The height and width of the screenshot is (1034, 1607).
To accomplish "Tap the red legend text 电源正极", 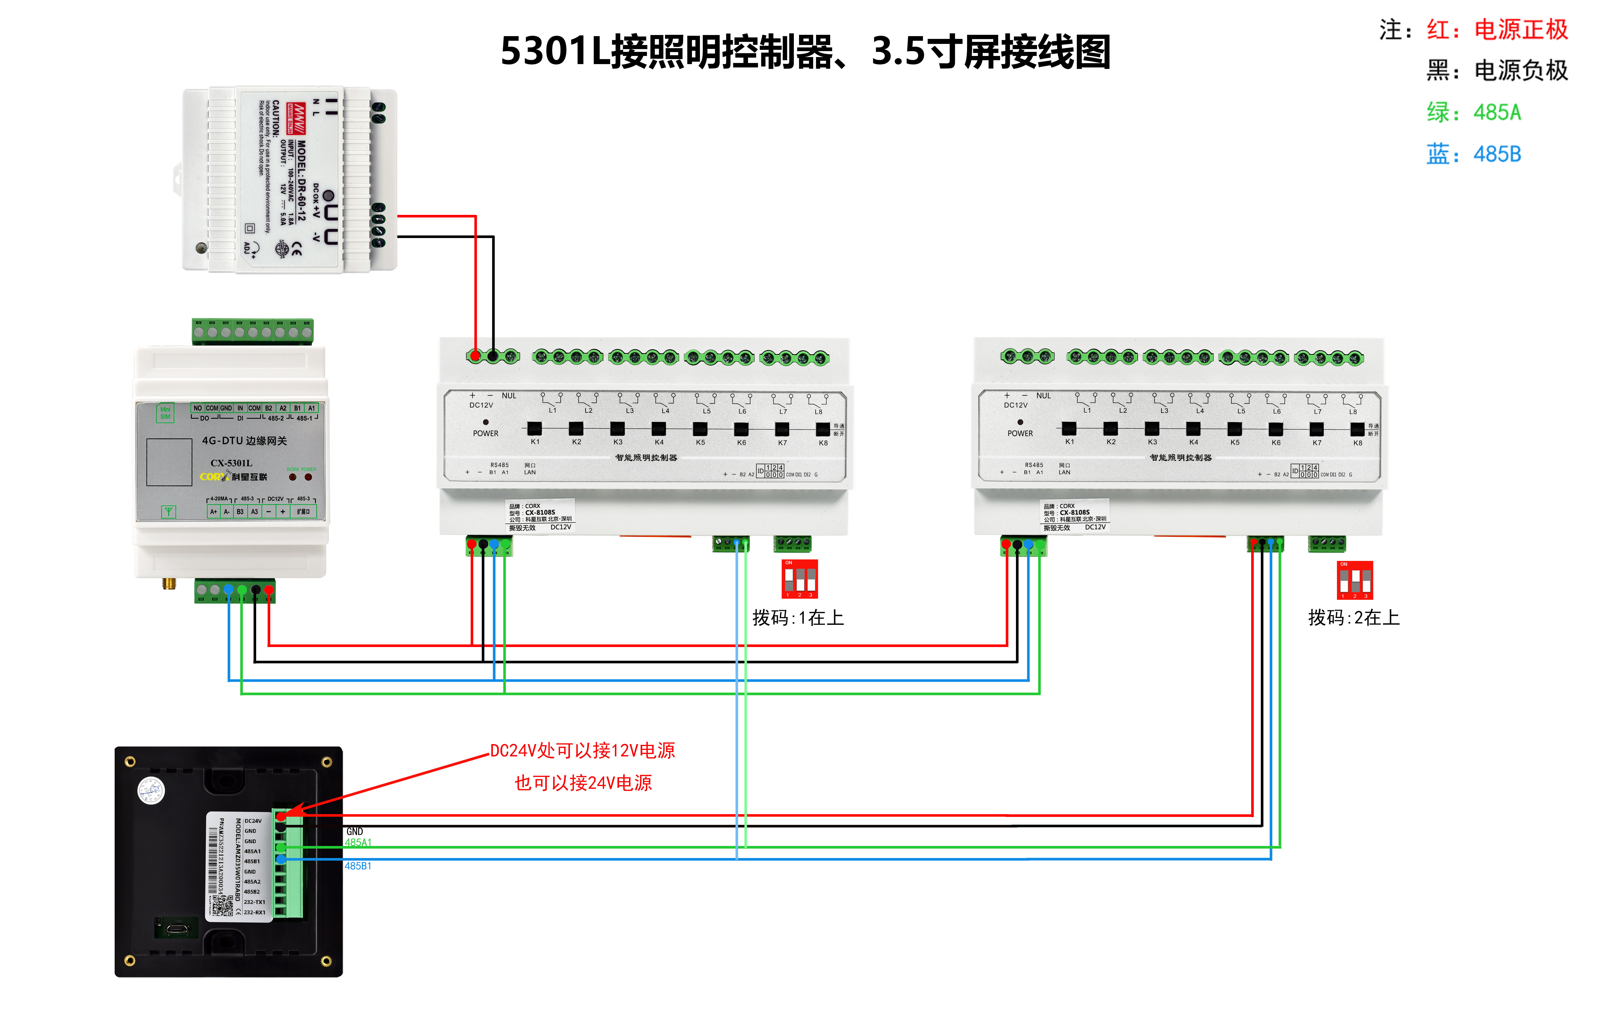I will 1520,29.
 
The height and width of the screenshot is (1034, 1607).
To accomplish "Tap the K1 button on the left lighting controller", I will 534,428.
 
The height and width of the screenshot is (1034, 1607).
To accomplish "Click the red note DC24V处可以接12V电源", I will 582,750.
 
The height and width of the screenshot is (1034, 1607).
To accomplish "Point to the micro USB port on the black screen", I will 177,929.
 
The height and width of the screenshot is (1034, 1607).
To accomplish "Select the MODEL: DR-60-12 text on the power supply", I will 301,180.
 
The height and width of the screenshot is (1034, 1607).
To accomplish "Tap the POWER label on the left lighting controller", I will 485,433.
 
